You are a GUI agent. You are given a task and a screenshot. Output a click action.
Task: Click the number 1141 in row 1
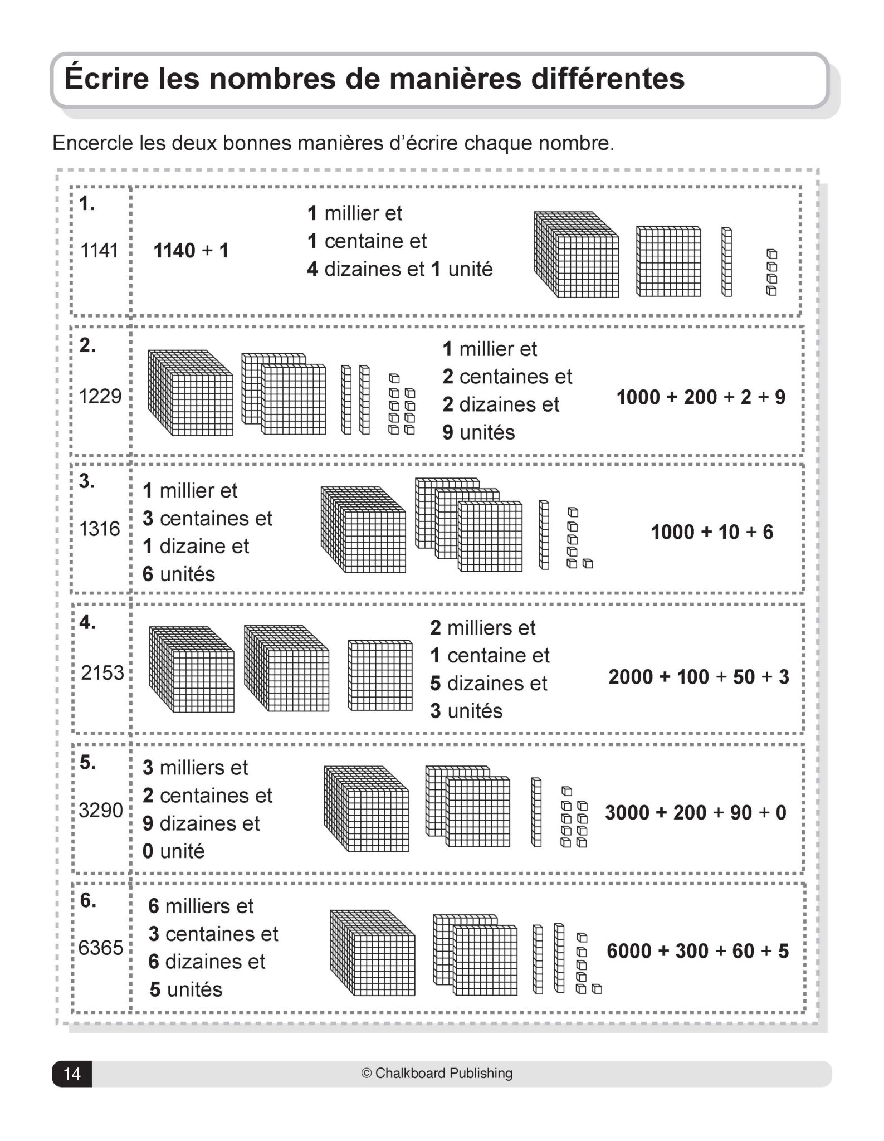[x=99, y=251]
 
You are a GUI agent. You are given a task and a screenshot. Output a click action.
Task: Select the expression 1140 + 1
[x=191, y=251]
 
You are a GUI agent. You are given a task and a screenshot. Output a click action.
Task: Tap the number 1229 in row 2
[x=100, y=396]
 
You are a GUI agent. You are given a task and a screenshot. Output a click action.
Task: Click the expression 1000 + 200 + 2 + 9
[x=701, y=397]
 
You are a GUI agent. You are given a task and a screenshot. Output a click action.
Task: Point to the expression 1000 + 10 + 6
[x=712, y=532]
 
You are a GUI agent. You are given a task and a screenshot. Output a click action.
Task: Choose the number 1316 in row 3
[x=100, y=528]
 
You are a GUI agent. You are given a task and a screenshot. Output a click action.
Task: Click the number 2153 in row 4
[x=102, y=672]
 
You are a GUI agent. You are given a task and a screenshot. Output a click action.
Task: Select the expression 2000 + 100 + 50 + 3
[x=699, y=677]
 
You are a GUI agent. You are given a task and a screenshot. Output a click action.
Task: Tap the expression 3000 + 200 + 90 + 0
[x=696, y=813]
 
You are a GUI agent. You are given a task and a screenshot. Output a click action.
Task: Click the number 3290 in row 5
[x=101, y=810]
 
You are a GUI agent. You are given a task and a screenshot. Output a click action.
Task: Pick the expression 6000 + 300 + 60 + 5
[x=697, y=951]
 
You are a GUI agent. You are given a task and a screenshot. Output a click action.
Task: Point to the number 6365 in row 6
[x=101, y=948]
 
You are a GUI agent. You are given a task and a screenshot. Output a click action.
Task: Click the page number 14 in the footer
[x=72, y=1074]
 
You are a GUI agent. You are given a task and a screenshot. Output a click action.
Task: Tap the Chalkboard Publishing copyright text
[x=437, y=1073]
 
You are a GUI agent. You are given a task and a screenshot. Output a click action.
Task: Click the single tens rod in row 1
[x=726, y=262]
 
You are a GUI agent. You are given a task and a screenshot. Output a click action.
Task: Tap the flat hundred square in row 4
[x=380, y=675]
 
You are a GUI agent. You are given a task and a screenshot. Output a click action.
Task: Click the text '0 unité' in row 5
[x=173, y=851]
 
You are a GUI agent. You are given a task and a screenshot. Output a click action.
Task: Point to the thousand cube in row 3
[x=363, y=529]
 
